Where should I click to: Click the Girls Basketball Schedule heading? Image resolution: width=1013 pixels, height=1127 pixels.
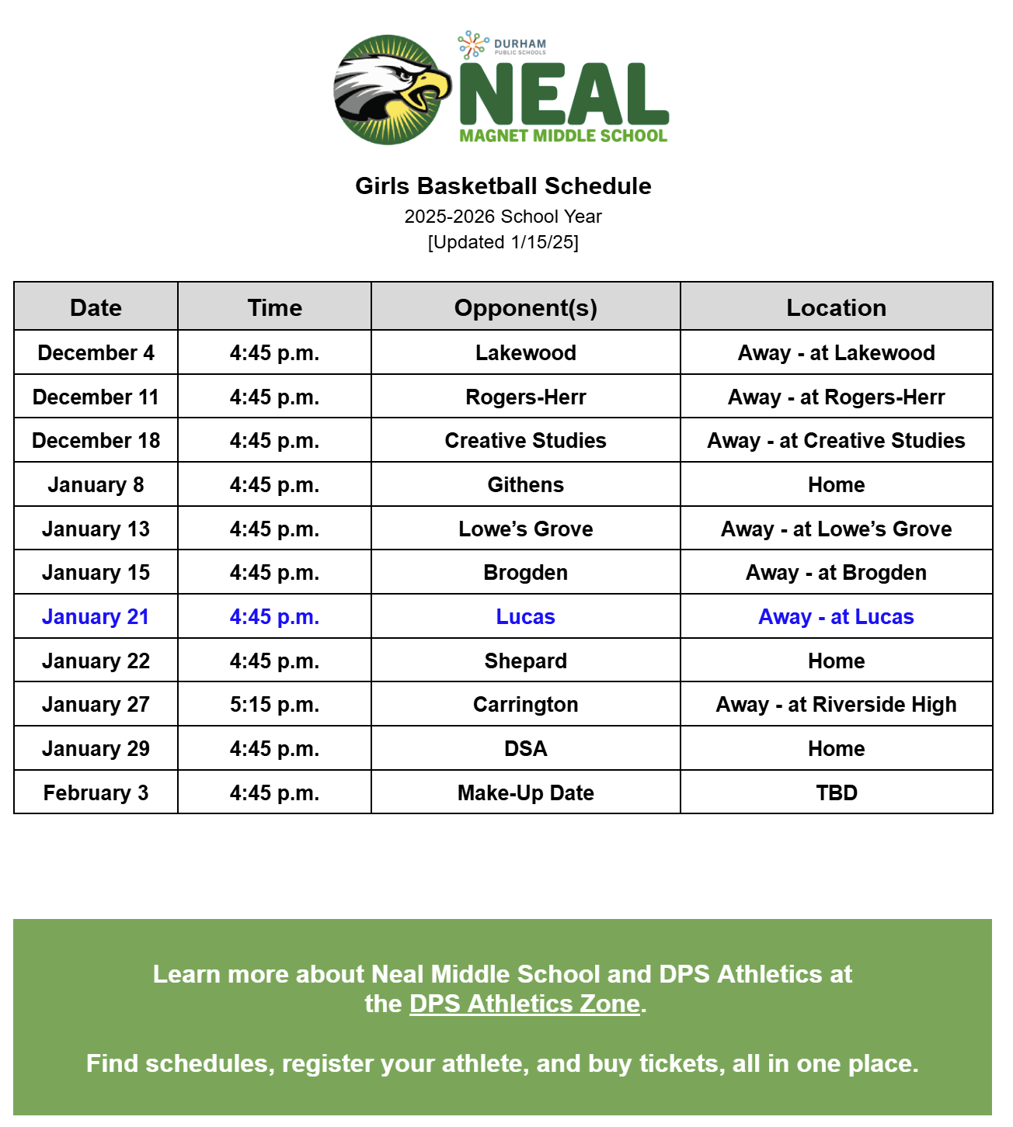click(x=503, y=186)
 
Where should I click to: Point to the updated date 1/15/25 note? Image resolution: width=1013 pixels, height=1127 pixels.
click(x=503, y=242)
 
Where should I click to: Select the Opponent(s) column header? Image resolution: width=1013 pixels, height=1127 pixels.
click(x=526, y=307)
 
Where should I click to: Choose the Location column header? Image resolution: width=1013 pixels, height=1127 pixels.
click(x=836, y=307)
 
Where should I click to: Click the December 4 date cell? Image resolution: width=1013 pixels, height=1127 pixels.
click(x=96, y=353)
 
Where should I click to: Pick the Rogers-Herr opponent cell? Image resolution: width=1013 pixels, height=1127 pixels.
click(x=526, y=397)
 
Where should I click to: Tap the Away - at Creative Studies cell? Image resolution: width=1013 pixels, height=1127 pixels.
click(x=836, y=441)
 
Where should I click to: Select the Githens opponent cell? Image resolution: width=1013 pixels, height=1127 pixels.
click(x=526, y=485)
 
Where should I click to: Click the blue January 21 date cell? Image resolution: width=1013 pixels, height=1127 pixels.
click(x=96, y=617)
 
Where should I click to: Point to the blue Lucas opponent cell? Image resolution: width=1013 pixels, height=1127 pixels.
click(x=526, y=617)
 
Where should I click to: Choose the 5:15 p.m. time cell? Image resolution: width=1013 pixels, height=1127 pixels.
click(x=274, y=705)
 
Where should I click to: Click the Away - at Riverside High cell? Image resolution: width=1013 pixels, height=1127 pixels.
click(x=836, y=705)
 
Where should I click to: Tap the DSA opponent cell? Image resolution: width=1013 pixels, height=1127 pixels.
click(x=526, y=749)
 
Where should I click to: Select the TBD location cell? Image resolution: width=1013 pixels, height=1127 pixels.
click(x=836, y=793)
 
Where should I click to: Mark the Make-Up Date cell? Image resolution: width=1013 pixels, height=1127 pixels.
click(x=526, y=793)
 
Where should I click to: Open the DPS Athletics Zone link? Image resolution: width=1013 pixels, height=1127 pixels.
click(x=525, y=1004)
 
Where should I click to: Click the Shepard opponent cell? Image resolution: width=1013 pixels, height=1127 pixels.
click(x=526, y=661)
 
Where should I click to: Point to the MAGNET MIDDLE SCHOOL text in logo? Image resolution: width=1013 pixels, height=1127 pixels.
click(x=563, y=136)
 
